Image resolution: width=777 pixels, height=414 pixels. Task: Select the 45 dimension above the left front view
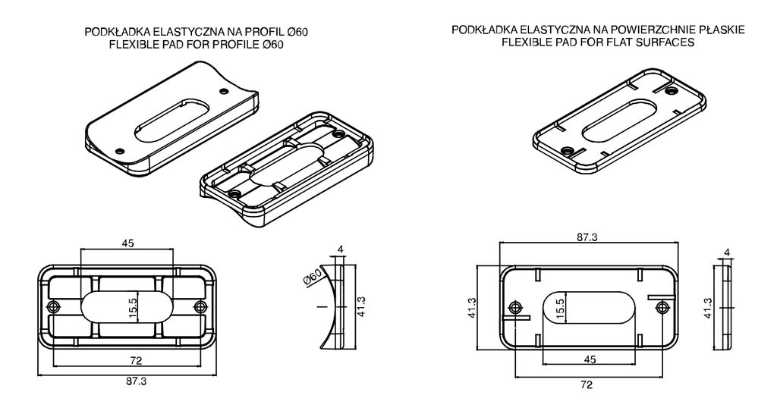tap(127, 243)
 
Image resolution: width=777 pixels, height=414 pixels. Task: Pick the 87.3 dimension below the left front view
tap(137, 381)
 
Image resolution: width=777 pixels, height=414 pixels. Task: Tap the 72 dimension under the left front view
tap(136, 360)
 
